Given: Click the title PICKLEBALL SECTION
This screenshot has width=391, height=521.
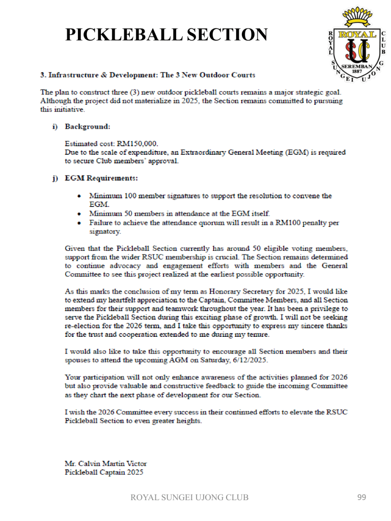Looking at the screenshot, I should (166, 35).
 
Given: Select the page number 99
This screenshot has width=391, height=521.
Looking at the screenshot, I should (361, 497).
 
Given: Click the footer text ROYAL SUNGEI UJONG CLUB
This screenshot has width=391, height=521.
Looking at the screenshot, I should (190, 497).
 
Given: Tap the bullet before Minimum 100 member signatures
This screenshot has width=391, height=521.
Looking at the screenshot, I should (78, 196).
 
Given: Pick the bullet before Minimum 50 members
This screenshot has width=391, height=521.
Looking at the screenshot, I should (78, 213).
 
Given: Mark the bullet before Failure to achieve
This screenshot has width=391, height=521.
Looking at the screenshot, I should (78, 222).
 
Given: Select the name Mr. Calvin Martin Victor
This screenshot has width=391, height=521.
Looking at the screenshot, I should (106, 464).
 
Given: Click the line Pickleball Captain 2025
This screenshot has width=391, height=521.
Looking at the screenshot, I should (104, 472).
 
